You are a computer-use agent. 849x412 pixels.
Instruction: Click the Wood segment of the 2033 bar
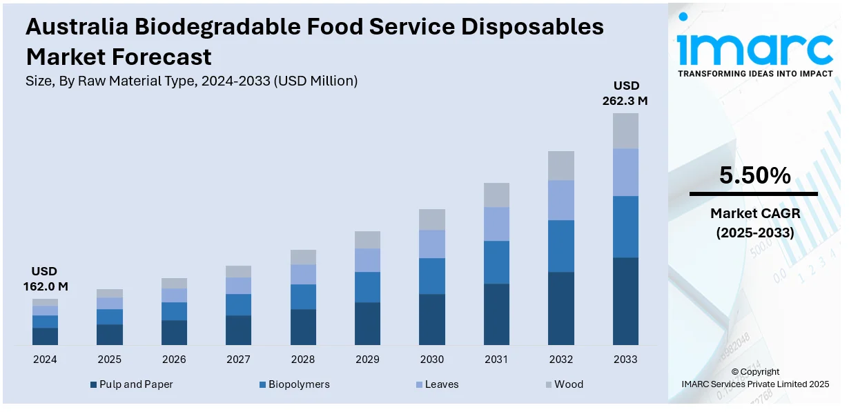click(625, 130)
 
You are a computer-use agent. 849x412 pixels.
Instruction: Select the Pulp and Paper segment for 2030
click(432, 319)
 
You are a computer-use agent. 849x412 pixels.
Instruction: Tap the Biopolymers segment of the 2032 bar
click(561, 246)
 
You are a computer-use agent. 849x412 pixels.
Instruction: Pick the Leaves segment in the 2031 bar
click(496, 224)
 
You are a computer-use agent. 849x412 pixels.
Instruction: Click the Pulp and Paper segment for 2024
click(45, 336)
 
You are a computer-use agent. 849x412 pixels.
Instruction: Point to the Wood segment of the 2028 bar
click(303, 257)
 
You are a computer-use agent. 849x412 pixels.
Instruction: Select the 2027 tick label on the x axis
click(238, 360)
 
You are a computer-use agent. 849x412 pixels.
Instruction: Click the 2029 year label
click(367, 360)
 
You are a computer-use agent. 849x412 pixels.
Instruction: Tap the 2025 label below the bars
click(109, 360)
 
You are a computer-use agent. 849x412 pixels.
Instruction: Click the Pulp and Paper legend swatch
click(93, 384)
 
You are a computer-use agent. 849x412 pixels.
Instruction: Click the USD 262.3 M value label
click(626, 93)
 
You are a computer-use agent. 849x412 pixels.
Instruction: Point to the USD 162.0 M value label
click(44, 278)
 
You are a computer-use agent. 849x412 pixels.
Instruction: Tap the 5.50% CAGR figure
click(754, 176)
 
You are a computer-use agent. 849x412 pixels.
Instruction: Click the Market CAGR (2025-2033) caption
click(754, 224)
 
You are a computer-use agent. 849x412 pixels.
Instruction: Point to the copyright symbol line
click(754, 372)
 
